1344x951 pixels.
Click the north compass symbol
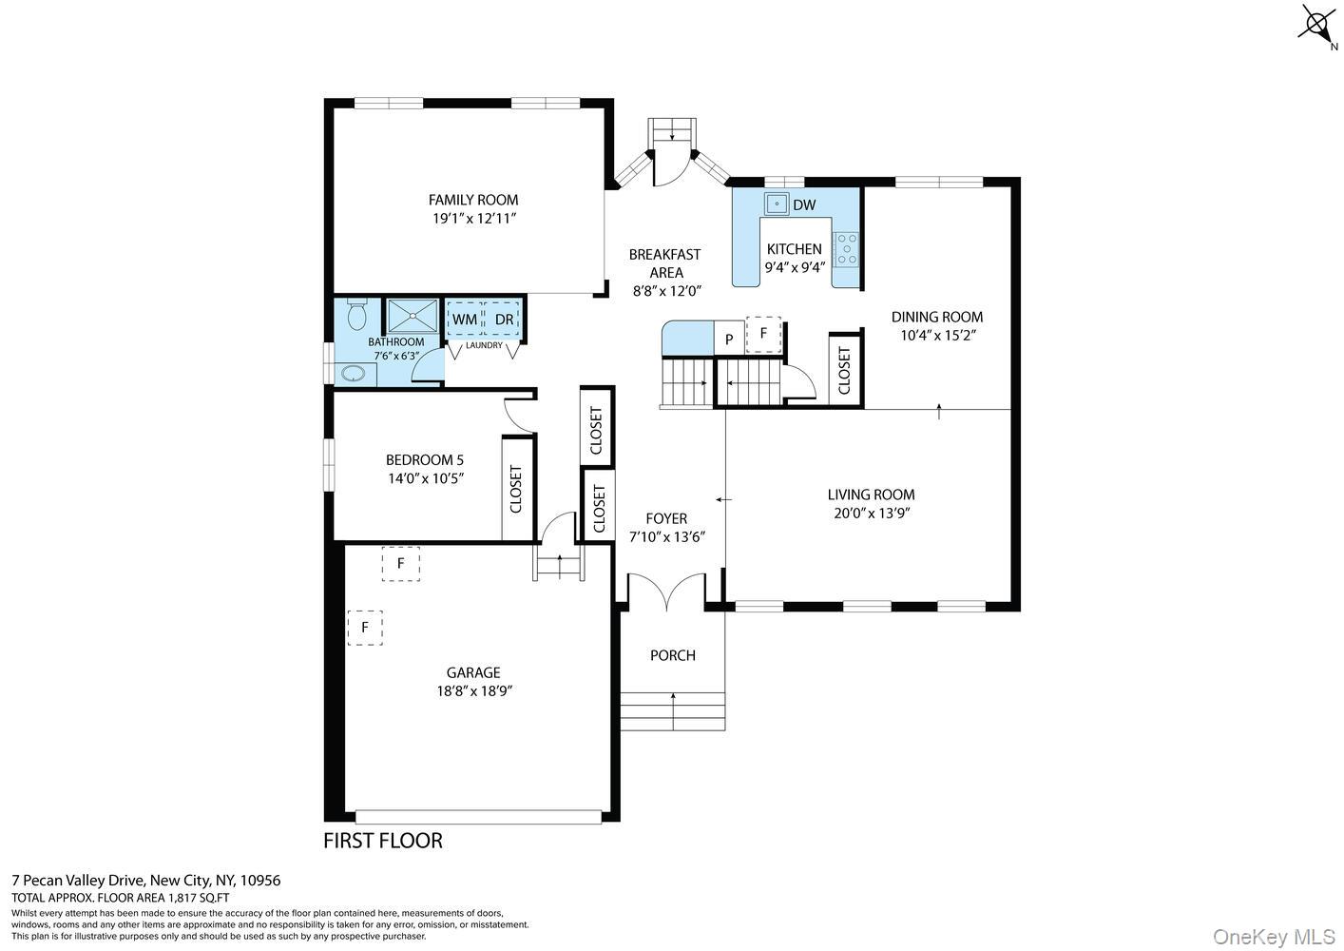pos(1317,26)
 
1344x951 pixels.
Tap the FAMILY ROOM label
pos(472,200)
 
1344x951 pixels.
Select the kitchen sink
pos(777,204)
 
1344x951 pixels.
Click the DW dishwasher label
pos(804,204)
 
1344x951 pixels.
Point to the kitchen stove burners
pos(847,249)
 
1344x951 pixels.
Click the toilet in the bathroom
pos(357,315)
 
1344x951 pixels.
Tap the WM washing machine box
pos(465,319)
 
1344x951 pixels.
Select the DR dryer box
pos(502,319)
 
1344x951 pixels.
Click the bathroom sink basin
pos(354,374)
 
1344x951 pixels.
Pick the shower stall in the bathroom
pos(413,316)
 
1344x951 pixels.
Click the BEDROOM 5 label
pos(425,460)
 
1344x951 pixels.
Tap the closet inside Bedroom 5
pos(517,489)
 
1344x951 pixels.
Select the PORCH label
pos(673,655)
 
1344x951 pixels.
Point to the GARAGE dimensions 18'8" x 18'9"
pos(474,691)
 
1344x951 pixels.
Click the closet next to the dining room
pos(845,371)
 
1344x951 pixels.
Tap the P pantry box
pos(729,340)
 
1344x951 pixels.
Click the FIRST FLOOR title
pos(383,841)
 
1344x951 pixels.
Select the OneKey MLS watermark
pos(1275,937)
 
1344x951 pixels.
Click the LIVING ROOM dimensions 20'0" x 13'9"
pos(872,514)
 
